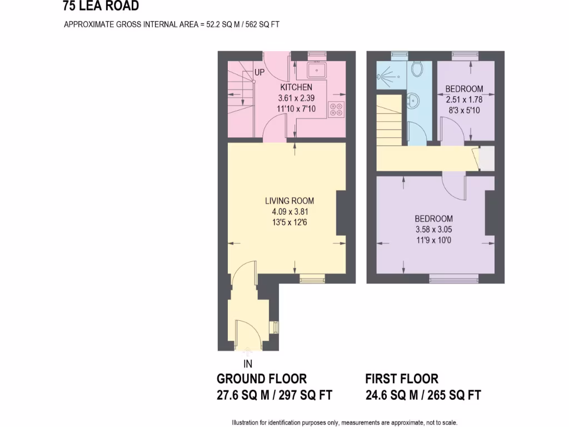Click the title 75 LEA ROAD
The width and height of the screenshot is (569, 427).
pyautogui.click(x=101, y=6)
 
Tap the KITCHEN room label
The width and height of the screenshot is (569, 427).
pyautogui.click(x=296, y=87)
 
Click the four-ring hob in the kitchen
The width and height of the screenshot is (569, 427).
pyautogui.click(x=336, y=109)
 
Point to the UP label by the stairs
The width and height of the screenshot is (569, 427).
pyautogui.click(x=259, y=72)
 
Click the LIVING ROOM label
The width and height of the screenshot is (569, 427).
pyautogui.click(x=289, y=201)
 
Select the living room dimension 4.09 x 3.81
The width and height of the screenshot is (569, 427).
pyautogui.click(x=289, y=211)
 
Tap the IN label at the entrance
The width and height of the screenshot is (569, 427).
pyautogui.click(x=248, y=364)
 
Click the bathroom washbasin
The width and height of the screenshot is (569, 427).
pyautogui.click(x=415, y=102)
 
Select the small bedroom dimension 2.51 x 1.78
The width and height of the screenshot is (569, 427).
pyautogui.click(x=464, y=100)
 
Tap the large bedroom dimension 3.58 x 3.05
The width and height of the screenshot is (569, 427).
pyautogui.click(x=433, y=229)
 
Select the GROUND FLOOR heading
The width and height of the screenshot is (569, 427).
pyautogui.click(x=261, y=379)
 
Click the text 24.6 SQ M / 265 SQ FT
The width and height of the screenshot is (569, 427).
pyautogui.click(x=422, y=396)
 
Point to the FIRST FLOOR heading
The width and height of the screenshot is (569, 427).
pyautogui.click(x=401, y=379)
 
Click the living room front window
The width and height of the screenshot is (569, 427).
pyautogui.click(x=312, y=279)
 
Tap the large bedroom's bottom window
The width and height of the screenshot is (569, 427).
pyautogui.click(x=453, y=279)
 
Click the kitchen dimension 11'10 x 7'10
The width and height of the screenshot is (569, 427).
pyautogui.click(x=296, y=109)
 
